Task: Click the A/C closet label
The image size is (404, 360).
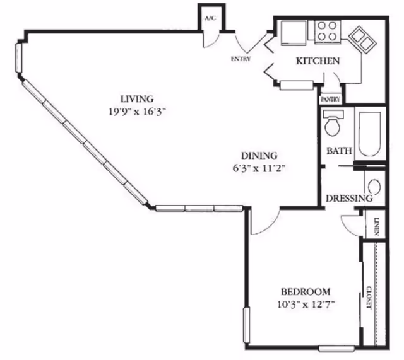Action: tap(210, 18)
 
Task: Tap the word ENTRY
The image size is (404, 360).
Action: tap(241, 59)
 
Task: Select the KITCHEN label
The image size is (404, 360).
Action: tap(318, 61)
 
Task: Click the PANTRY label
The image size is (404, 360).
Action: tap(331, 99)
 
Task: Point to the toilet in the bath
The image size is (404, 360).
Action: tap(333, 123)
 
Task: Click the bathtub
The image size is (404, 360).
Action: tap(370, 134)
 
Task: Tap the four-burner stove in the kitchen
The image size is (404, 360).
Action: tap(327, 31)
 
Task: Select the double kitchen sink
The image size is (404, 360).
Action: tap(362, 40)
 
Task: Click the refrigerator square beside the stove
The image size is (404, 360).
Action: tap(294, 32)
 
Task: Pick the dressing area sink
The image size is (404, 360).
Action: tap(374, 187)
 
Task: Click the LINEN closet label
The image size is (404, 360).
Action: tap(377, 227)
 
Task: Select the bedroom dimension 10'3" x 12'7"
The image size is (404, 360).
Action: tap(306, 305)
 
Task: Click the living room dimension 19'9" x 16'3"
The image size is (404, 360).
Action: tap(137, 112)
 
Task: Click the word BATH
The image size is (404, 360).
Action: tap(339, 151)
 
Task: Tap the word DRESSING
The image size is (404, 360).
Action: tap(349, 199)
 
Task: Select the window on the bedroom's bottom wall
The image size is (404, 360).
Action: tap(336, 349)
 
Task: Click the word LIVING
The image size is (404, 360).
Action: tap(137, 99)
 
